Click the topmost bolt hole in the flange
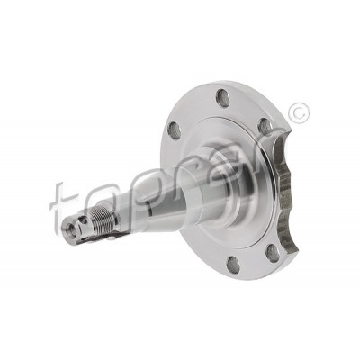[223, 96]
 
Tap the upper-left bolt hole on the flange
[174, 130]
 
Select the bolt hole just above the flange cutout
[264, 126]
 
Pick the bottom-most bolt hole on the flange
[233, 264]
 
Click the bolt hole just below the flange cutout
[273, 251]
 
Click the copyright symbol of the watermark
[298, 112]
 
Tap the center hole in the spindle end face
[71, 230]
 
